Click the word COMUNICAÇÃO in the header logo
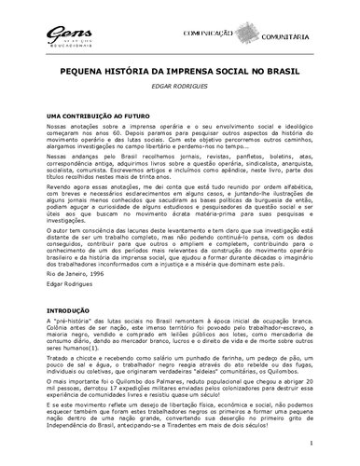[x=229, y=33]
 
